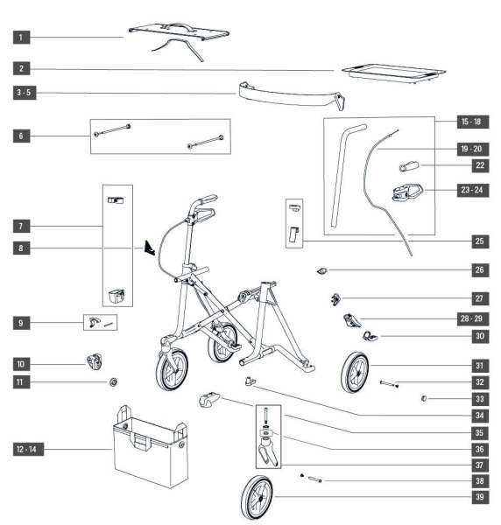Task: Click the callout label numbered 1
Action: pyautogui.click(x=21, y=37)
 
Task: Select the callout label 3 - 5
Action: pyautogui.click(x=25, y=93)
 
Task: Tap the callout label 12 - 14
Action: pyautogui.click(x=28, y=449)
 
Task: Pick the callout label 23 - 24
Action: pyautogui.click(x=472, y=190)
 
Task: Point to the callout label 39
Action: pyautogui.click(x=480, y=497)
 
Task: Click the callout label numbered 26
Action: pyautogui.click(x=480, y=269)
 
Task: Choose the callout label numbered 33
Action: pyautogui.click(x=480, y=399)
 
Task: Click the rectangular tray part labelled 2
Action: pyautogui.click(x=393, y=73)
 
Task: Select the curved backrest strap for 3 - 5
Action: pyautogui.click(x=292, y=95)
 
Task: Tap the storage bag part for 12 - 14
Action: pyautogui.click(x=150, y=447)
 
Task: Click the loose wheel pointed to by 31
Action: pyautogui.click(x=355, y=373)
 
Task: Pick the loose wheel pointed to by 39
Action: pyautogui.click(x=257, y=497)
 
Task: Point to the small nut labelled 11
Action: pyautogui.click(x=113, y=381)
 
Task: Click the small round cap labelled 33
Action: pyautogui.click(x=424, y=398)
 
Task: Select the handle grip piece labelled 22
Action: pyautogui.click(x=409, y=166)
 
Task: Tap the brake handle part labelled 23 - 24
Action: pyautogui.click(x=407, y=192)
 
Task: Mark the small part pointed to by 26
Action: pyautogui.click(x=322, y=270)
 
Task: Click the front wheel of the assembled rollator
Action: pyautogui.click(x=172, y=369)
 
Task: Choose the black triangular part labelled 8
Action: pyautogui.click(x=150, y=248)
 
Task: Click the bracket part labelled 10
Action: pyautogui.click(x=95, y=362)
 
